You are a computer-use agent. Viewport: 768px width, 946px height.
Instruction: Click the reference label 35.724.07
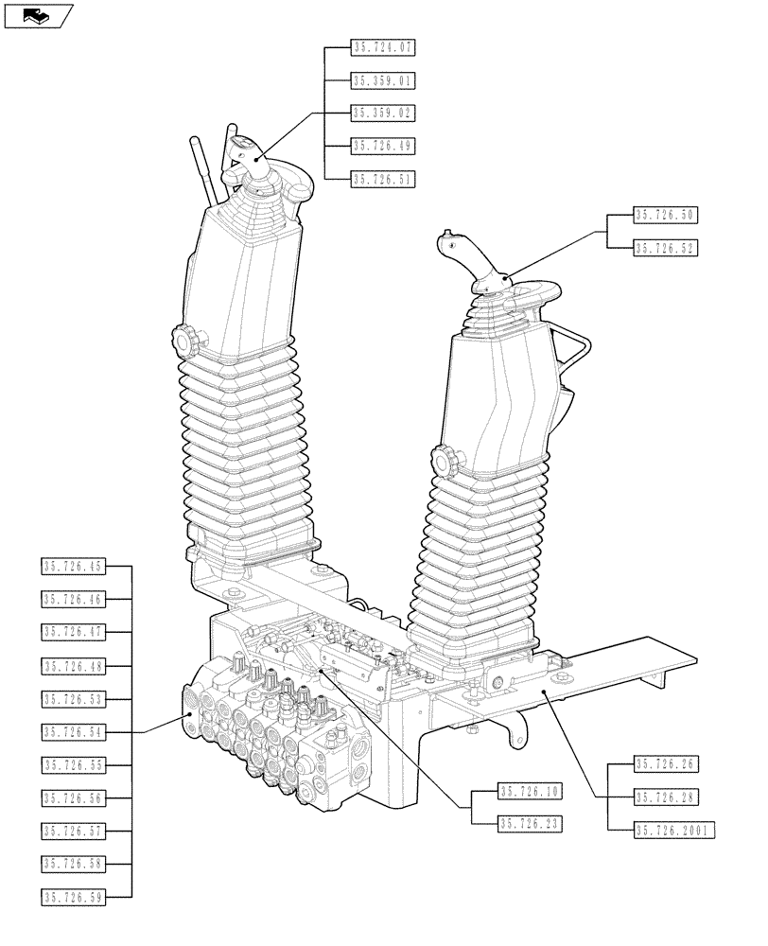tap(383, 46)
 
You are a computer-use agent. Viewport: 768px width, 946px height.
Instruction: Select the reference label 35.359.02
tap(383, 113)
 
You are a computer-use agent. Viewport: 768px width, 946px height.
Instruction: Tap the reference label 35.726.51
tap(383, 178)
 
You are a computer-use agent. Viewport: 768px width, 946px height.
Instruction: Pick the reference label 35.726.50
tap(665, 216)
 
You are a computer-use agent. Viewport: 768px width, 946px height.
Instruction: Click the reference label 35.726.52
tap(665, 248)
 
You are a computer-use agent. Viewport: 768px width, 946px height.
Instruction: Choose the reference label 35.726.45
tap(73, 567)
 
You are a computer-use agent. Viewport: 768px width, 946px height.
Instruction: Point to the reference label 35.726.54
tap(73, 732)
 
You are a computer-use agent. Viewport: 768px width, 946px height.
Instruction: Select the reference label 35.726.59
tap(73, 896)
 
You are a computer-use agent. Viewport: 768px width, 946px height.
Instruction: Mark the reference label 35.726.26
tap(665, 764)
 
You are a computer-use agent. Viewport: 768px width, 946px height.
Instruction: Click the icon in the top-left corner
tap(37, 15)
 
